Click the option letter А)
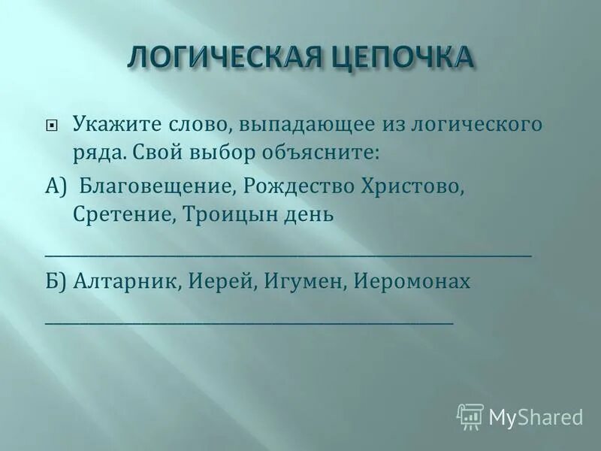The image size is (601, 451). [57, 186]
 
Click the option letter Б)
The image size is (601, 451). [57, 282]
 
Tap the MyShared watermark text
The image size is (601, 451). [536, 417]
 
